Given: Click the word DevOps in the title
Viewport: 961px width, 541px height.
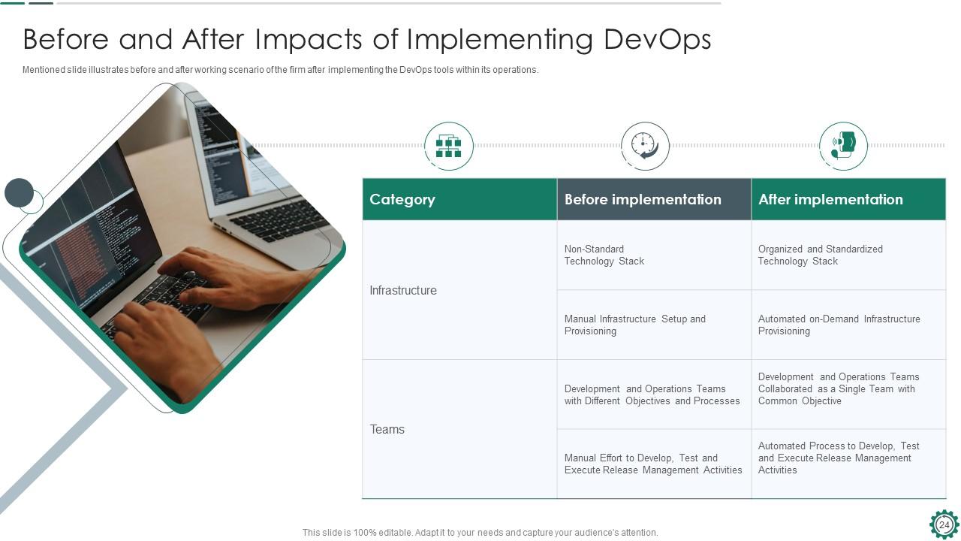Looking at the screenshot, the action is pos(657,40).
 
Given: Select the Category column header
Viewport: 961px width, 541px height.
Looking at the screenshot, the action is pos(459,199).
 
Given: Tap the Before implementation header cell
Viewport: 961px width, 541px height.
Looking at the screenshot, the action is pos(654,199).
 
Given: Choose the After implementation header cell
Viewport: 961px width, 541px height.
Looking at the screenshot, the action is pos(848,199).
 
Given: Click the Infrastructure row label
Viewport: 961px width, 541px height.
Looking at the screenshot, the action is pos(403,290).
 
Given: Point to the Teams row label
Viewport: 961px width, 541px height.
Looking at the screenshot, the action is pos(387,429).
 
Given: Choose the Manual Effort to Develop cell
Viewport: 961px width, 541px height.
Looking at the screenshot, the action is pos(653,464).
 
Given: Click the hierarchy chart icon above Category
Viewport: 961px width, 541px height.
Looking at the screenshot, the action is pos(449,146).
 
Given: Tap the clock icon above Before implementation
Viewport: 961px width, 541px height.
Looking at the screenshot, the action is pos(645,146).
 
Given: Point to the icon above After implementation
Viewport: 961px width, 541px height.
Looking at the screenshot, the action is pos(843,146).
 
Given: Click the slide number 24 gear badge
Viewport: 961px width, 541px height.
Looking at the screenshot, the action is pos(944,524).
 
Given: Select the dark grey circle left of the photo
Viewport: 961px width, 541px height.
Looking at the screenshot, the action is pos(19,193).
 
